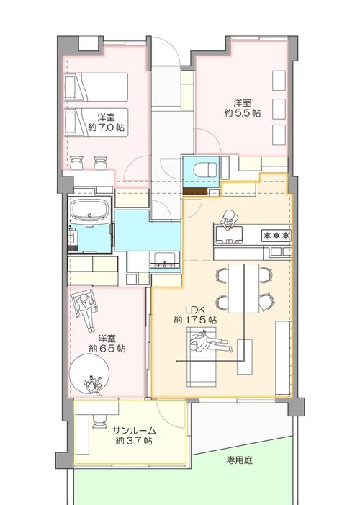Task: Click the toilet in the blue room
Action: point(204,170)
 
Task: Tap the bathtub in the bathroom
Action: point(90,209)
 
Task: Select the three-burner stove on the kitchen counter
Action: point(276,236)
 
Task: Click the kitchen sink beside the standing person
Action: point(230,235)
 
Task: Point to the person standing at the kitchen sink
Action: point(229,220)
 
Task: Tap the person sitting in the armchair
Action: point(86,308)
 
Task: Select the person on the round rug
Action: point(93,385)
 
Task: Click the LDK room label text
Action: point(195,310)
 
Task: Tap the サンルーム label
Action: point(134,431)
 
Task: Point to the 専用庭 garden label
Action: point(239,460)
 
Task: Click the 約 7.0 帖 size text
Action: point(107,128)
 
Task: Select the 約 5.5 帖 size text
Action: point(242,113)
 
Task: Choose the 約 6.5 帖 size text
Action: point(107,349)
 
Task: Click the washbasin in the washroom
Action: point(165,259)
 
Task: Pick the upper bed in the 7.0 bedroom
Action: point(96,86)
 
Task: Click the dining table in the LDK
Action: point(243,288)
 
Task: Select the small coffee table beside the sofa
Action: point(245,357)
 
